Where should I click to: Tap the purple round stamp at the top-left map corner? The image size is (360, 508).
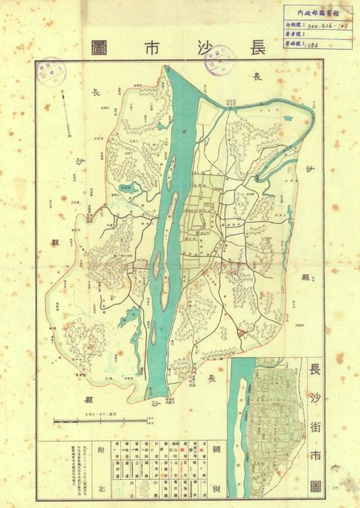(x=50, y=71)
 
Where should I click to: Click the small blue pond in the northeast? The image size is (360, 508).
(x=289, y=118)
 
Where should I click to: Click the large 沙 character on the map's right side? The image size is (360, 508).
(x=310, y=172)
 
